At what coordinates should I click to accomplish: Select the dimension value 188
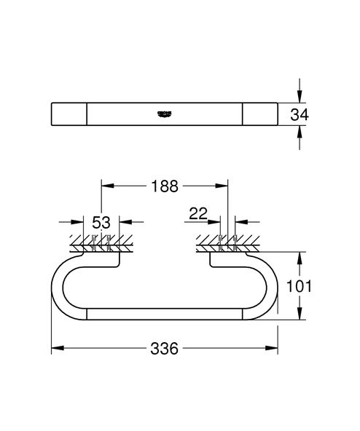tap(165, 186)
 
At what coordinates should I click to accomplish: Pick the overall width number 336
tap(165, 349)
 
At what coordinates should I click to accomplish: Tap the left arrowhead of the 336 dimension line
tap(55, 349)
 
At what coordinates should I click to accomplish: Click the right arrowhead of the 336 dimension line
tap(274, 349)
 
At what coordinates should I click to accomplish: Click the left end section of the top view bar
tap(69, 114)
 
